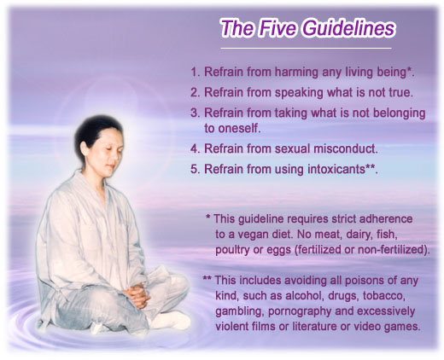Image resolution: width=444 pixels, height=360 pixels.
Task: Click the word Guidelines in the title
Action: (x=348, y=28)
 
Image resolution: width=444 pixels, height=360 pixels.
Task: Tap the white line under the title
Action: (x=306, y=49)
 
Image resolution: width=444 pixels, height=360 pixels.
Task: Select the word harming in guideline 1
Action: (x=296, y=73)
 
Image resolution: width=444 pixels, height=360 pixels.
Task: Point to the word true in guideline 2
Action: (x=400, y=92)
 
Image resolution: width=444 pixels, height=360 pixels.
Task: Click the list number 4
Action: (x=194, y=149)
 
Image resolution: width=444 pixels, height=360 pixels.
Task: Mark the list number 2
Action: (x=194, y=93)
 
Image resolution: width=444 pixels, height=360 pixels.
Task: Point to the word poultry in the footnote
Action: (x=231, y=250)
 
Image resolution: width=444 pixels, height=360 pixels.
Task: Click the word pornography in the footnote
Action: (x=300, y=312)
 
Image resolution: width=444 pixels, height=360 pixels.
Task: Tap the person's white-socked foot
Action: (x=170, y=321)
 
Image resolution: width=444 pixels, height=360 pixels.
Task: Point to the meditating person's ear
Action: (x=84, y=148)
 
